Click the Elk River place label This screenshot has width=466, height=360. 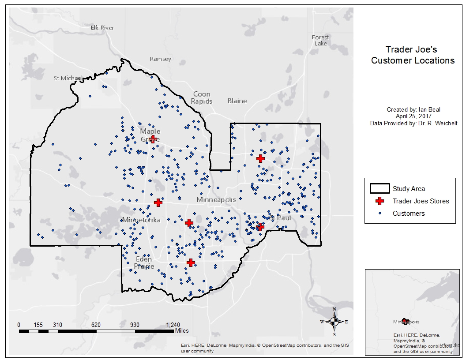pos(102,28)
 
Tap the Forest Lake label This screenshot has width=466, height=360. pos(320,41)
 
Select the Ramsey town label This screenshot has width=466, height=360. pos(160,59)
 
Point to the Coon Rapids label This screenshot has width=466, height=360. pos(202,97)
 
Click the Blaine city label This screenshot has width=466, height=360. pos(237,101)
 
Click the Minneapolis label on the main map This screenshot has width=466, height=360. pos(216,200)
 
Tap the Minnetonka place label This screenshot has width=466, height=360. pos(141,220)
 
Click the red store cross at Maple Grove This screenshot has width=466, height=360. pos(153,139)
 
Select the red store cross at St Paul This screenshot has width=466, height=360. pos(260,227)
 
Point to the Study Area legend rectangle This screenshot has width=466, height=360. pos(379,189)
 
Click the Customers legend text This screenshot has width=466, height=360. pos(409,214)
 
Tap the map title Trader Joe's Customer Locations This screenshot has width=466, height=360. pos(412,55)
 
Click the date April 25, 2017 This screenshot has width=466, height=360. pos(413,116)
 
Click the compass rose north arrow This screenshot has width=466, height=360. pos(334,321)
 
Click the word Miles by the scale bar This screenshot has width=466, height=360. pos(181,330)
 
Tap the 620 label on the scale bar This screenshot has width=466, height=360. pos(96,325)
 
